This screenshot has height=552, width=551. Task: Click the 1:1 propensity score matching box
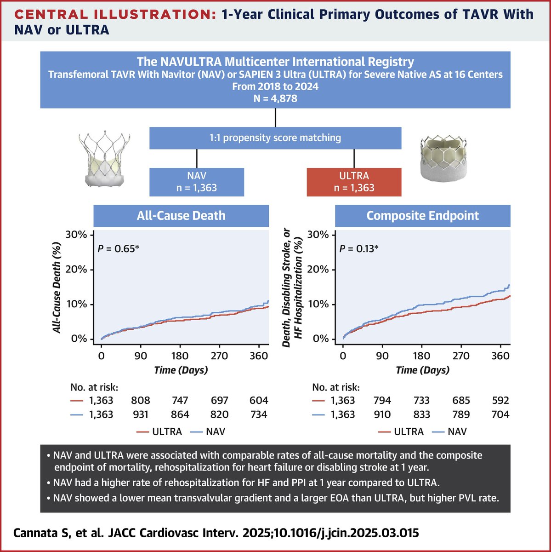pos(275,138)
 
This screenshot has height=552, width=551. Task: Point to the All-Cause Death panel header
pos(181,216)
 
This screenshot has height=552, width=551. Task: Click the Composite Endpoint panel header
pos(422,216)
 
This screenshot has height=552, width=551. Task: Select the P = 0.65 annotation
pos(118,249)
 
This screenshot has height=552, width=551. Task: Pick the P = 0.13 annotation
pos(359,249)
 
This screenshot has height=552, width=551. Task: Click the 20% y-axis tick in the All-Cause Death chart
pos(76,270)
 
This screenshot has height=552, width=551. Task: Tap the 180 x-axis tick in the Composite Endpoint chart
pos(421,356)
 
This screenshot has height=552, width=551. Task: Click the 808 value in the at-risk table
pos(141,400)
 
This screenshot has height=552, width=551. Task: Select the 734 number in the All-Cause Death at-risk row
pos(259,414)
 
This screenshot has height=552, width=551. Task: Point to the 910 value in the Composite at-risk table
pos(382,414)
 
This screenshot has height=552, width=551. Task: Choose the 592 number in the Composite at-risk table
pos(500,400)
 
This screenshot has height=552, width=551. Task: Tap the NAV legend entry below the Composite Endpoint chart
pos(457,431)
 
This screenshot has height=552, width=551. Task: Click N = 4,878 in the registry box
pos(275,98)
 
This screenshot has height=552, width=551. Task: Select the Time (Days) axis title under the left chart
pos(181,370)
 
